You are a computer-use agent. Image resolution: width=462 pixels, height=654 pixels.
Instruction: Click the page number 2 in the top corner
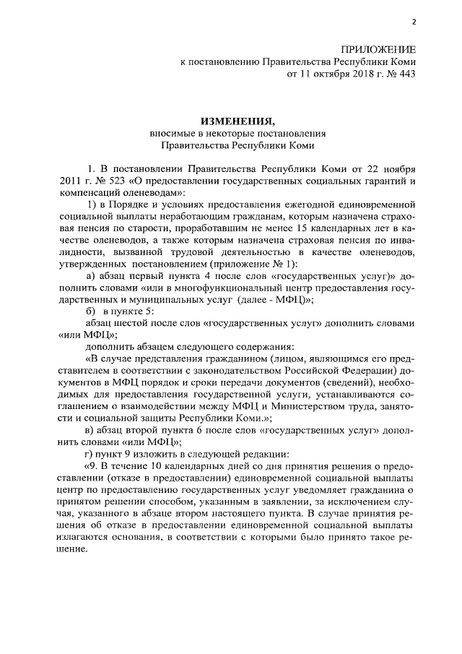coord(414,22)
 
